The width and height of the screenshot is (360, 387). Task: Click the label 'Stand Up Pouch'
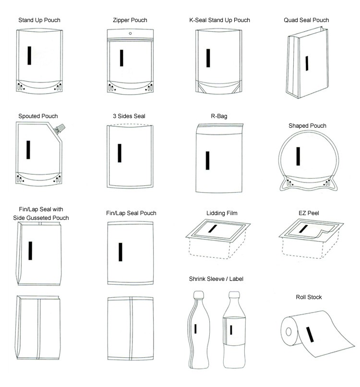point(39,20)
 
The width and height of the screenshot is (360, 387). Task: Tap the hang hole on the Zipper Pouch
point(130,34)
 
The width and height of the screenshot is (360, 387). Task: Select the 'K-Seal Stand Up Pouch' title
point(219,20)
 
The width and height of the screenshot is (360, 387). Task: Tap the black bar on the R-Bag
point(207,160)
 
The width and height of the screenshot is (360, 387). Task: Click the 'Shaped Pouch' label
point(307,126)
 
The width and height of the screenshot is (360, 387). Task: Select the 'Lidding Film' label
point(222,213)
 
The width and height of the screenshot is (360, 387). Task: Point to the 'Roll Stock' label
point(309,297)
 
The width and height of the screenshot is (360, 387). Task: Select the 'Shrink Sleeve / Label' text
point(220,278)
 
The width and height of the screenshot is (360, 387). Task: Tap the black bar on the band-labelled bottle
point(231,330)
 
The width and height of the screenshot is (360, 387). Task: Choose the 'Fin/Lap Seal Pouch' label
point(131,213)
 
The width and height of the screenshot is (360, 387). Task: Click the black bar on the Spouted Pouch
point(28,150)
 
